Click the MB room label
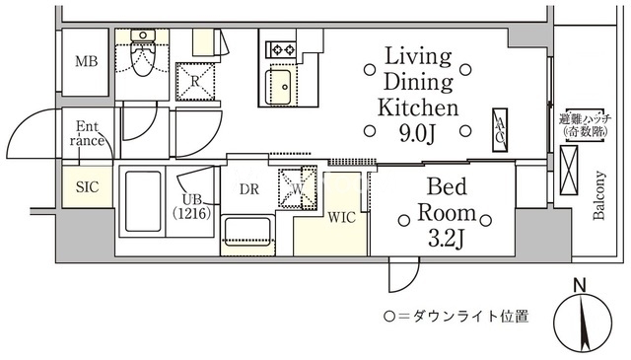tap(86, 61)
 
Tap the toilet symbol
tap(142, 52)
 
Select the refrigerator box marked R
tap(195, 81)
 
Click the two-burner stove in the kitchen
tap(281, 50)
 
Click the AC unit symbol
tap(500, 130)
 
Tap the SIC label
tap(87, 187)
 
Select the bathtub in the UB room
tap(143, 201)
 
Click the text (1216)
tap(191, 213)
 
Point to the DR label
tap(249, 189)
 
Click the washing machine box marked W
tap(298, 187)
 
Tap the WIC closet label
tap(342, 218)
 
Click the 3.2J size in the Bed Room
tap(447, 239)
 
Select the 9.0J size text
tap(418, 134)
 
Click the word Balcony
tap(599, 195)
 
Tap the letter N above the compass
tap(580, 285)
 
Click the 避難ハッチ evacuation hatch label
tap(586, 119)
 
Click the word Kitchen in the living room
tap(418, 108)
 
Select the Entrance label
tap(87, 133)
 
